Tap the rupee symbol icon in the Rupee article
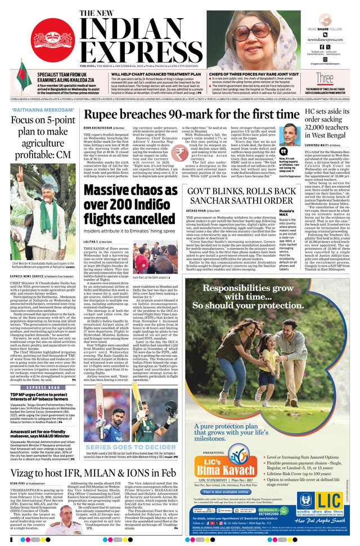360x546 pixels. tap(182, 154)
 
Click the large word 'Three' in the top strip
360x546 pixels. tap(325, 78)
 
